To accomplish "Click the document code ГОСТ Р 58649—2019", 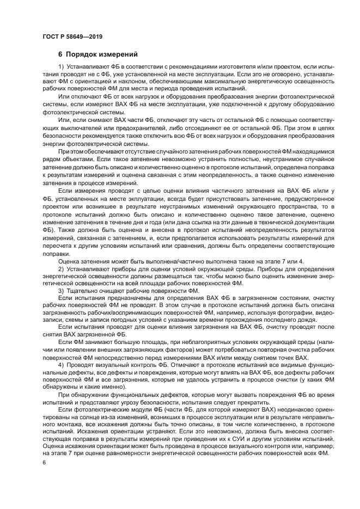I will (x=72, y=37).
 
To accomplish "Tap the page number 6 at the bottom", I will (x=44, y=462).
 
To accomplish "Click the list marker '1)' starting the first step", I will (x=61, y=66).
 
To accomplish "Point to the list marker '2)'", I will (x=61, y=269).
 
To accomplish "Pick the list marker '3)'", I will (x=61, y=291).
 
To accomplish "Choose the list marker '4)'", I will (x=61, y=364).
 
